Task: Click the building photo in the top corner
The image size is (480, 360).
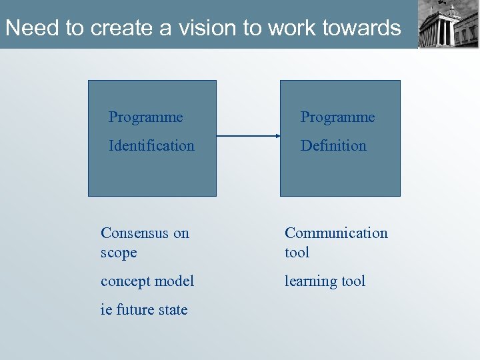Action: tap(448, 24)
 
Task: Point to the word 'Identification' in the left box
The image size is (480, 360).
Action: tap(151, 145)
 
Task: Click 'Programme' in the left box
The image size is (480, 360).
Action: tap(145, 117)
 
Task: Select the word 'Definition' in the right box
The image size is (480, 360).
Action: tap(333, 145)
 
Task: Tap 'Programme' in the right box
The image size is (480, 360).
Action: tap(337, 117)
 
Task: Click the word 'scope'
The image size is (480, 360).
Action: tap(119, 253)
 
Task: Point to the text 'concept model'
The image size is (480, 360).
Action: tap(147, 281)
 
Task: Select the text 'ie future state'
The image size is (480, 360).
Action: tap(144, 309)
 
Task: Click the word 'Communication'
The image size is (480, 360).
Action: tap(336, 233)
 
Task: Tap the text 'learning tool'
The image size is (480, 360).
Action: tap(325, 281)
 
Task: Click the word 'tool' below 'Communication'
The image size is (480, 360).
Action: tap(297, 253)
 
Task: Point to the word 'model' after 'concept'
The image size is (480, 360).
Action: tap(175, 281)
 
